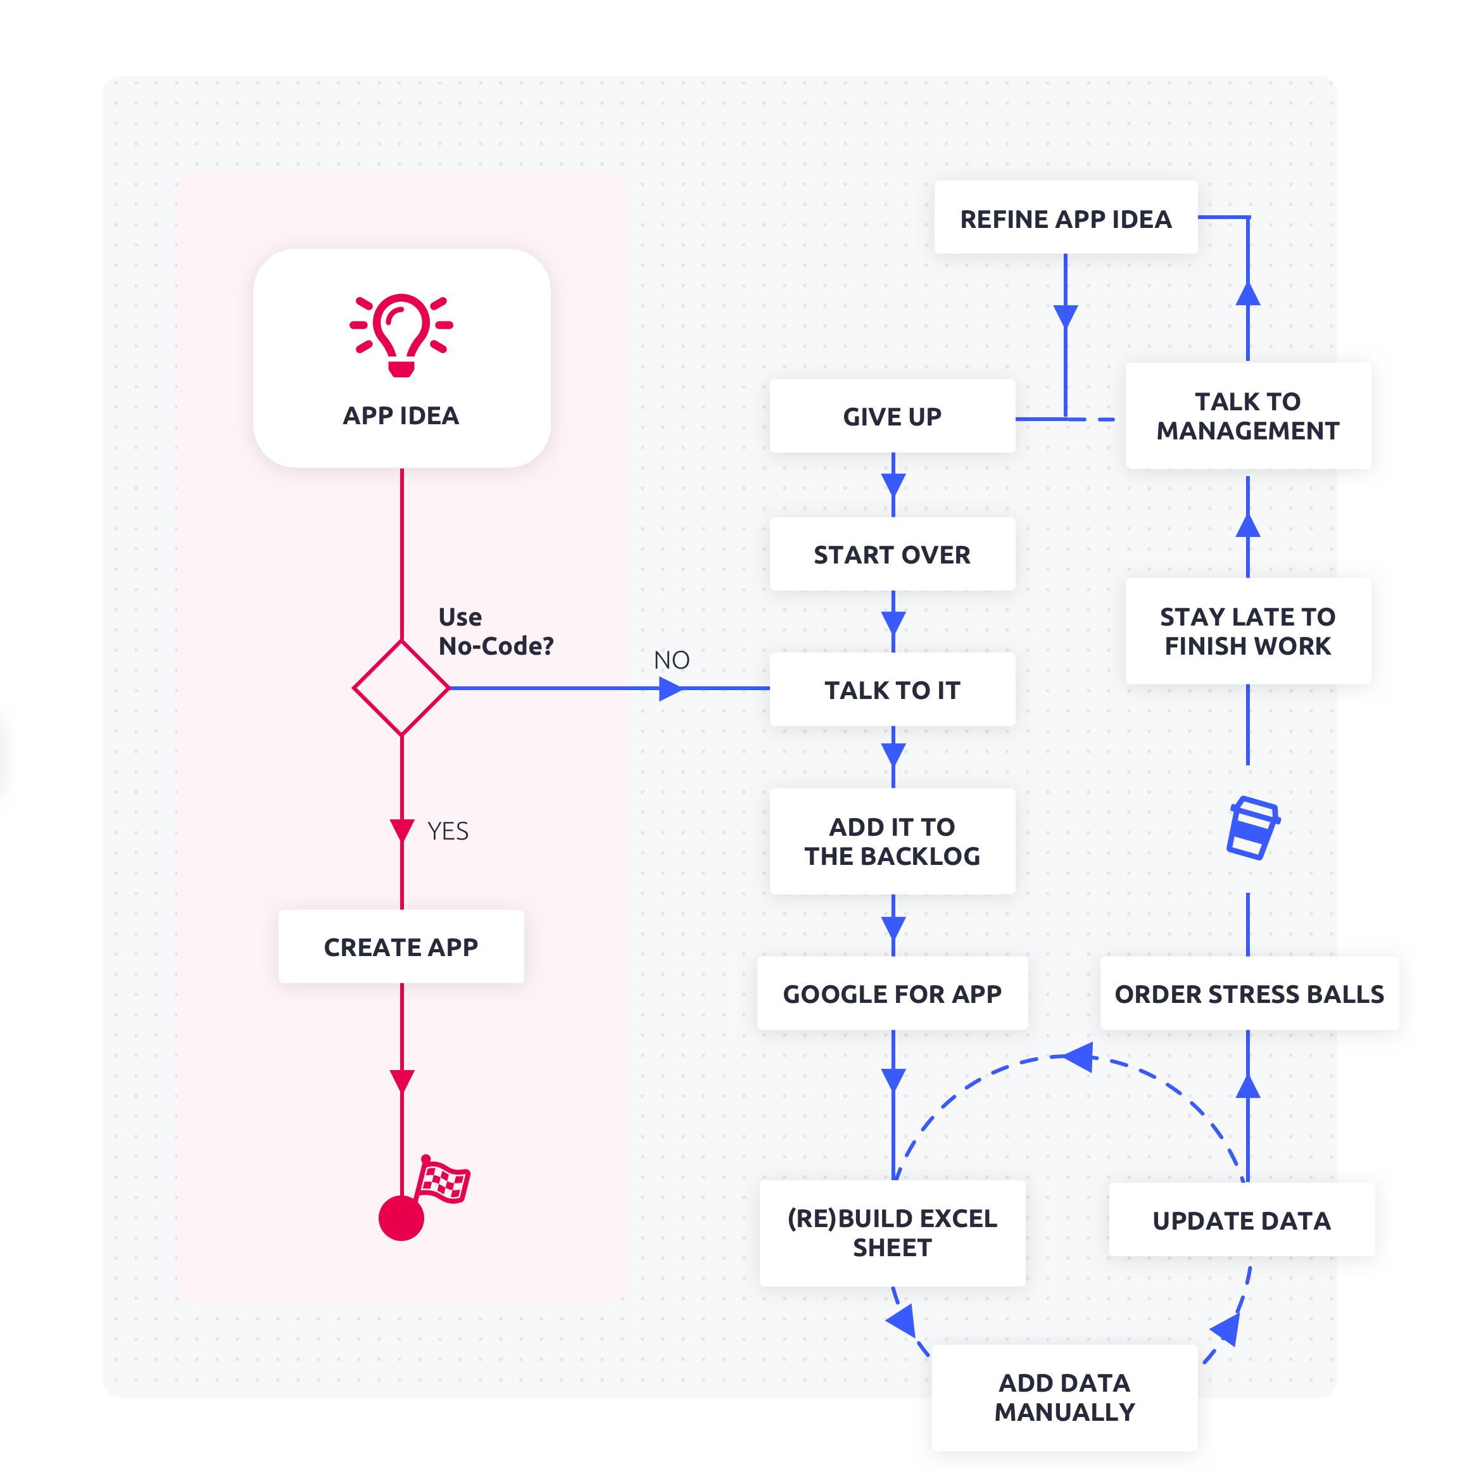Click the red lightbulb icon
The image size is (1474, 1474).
point(401,334)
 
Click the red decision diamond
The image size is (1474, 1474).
point(401,688)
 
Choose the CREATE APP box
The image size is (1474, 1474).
point(401,947)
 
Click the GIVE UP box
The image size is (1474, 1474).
point(892,417)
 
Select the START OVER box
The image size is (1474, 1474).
point(892,555)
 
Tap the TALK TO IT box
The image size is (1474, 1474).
point(892,690)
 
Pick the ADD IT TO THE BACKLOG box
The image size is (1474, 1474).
point(892,841)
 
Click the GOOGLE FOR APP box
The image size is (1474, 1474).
point(892,993)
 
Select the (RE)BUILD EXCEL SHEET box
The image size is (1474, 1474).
point(892,1233)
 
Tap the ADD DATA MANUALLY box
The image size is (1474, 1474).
point(1064,1397)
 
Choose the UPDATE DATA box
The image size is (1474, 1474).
point(1241,1220)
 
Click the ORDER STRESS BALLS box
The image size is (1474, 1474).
point(1249,993)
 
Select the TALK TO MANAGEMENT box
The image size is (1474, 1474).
point(1247,416)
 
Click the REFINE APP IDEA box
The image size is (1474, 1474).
point(1065,218)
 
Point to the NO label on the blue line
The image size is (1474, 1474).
point(671,660)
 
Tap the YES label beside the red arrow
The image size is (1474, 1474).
point(448,831)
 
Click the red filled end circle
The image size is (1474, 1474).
point(401,1218)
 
